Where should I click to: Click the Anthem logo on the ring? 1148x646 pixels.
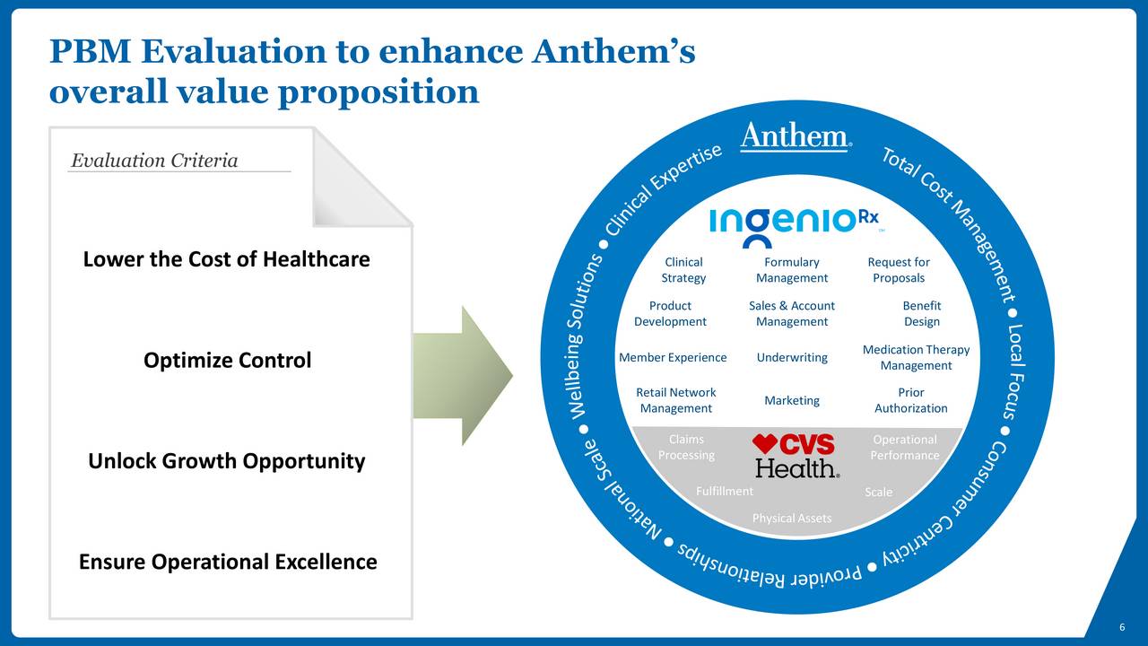point(796,136)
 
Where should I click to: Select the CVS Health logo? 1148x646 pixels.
point(795,455)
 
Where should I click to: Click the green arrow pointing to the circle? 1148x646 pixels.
point(462,376)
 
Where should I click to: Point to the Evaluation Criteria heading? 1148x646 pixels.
point(154,161)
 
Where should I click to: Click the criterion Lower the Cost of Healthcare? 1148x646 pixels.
point(227,259)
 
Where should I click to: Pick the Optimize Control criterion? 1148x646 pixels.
point(227,360)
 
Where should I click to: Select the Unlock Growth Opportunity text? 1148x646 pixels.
point(227,461)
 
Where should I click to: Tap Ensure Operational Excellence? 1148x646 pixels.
point(228,562)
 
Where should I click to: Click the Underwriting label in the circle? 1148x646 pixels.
point(792,357)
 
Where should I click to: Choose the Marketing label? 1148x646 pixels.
point(792,400)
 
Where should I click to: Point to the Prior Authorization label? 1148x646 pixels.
point(910,400)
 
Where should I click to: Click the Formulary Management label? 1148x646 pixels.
point(792,270)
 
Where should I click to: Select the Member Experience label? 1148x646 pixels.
point(673,357)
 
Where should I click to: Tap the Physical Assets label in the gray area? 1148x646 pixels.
point(792,519)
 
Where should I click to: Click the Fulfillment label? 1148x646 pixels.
point(724,491)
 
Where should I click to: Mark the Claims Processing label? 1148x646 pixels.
point(686,447)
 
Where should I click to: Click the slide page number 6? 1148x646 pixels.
point(1122,627)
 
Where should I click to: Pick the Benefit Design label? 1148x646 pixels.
point(921,314)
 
